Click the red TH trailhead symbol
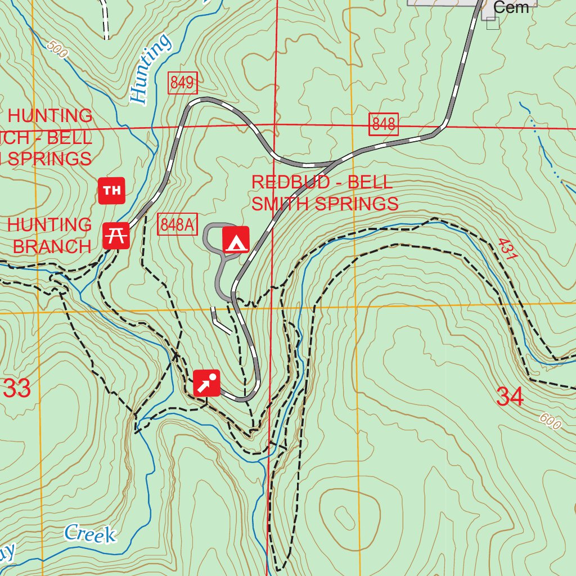(112, 191)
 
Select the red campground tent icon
(236, 240)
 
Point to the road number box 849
(182, 84)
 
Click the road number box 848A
(177, 224)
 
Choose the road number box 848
(384, 124)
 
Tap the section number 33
(17, 389)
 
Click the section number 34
(510, 397)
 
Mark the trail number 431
(507, 249)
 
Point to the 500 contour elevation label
(57, 50)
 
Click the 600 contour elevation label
(550, 421)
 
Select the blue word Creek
(90, 534)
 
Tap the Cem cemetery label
(511, 7)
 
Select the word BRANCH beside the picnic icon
(52, 246)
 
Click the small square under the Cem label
(493, 23)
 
